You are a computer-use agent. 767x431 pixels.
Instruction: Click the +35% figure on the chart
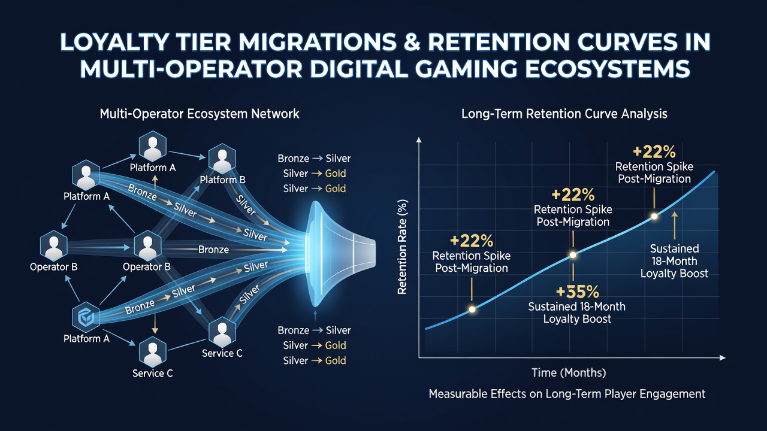pos(578,292)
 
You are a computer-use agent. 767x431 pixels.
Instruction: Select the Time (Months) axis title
pos(569,372)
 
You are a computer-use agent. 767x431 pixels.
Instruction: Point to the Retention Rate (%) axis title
pos(402,247)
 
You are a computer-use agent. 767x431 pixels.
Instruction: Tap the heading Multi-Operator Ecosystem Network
pos(200,114)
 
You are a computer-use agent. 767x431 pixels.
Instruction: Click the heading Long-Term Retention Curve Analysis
pos(564,114)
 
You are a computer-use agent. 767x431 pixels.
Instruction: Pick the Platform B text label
pos(222,180)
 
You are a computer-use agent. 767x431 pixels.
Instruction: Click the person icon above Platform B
pos(222,158)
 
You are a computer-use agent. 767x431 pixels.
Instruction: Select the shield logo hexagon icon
pos(86,317)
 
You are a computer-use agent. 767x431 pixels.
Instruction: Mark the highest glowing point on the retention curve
pos(654,216)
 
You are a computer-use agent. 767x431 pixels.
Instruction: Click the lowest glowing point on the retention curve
pos(472,309)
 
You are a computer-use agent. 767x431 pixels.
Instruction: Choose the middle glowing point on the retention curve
pos(573,255)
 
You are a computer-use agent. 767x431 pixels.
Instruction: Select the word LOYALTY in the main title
pos(114,42)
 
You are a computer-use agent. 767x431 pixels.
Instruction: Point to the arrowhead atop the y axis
pos(418,139)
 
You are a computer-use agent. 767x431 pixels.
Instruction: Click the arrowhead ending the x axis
pos(723,358)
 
